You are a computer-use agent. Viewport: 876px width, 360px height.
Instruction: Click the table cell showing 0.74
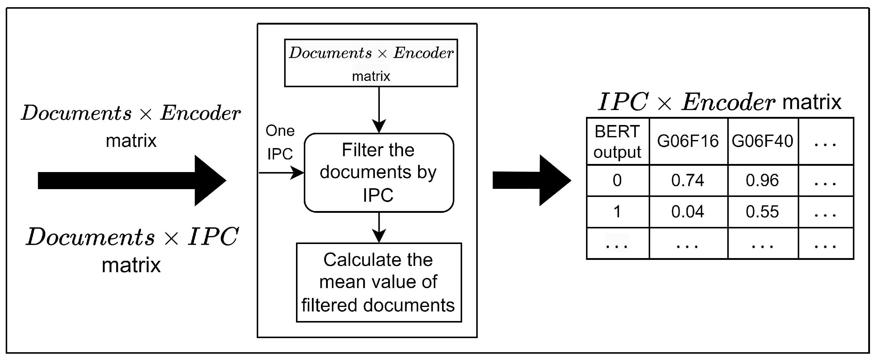click(687, 180)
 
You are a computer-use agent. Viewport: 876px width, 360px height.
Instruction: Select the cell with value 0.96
click(762, 180)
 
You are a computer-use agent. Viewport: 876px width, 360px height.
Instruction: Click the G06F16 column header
click(688, 141)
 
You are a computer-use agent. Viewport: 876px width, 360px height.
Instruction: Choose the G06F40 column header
click(762, 141)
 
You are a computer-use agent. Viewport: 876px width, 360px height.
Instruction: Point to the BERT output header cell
click(617, 141)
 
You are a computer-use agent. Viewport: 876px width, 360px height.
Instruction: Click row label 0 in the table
click(617, 180)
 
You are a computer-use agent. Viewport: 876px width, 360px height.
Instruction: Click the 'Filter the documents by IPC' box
click(378, 173)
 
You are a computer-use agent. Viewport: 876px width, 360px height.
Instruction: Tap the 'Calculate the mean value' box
click(378, 282)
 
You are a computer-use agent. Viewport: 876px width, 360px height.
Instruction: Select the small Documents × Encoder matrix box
click(371, 63)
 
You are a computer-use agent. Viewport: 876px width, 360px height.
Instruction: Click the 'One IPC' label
click(280, 142)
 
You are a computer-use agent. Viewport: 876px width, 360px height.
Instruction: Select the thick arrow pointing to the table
click(531, 180)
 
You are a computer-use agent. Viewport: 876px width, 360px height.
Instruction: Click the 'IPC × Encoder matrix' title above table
click(719, 102)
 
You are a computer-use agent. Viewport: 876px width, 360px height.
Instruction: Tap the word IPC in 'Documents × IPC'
click(213, 237)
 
